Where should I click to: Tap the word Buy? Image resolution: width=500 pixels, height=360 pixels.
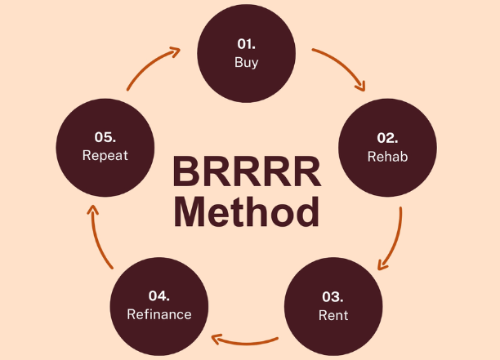[x=246, y=63]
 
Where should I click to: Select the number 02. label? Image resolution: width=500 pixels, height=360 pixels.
[x=387, y=138]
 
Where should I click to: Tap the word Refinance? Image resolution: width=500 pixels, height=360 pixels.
[x=159, y=314]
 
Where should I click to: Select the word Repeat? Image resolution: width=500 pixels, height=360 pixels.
[x=104, y=155]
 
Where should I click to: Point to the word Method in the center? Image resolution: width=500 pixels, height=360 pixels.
[x=246, y=211]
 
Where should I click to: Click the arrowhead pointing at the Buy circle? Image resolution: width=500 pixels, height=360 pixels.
[x=173, y=53]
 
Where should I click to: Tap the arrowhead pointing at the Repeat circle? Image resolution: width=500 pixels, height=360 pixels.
[x=92, y=212]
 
